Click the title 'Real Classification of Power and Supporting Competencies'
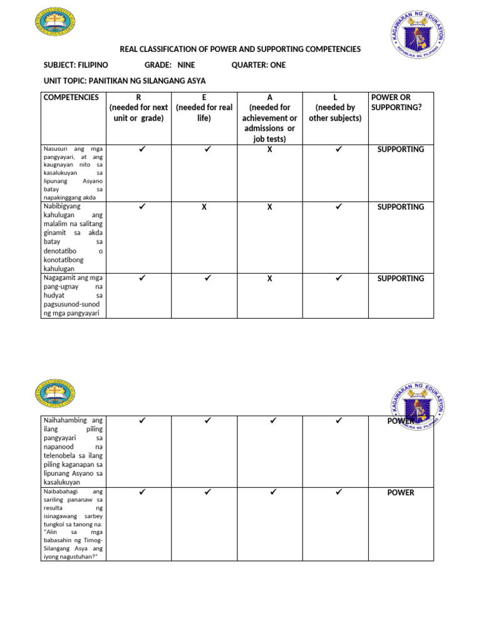tap(240, 49)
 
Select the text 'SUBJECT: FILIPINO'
tap(76, 65)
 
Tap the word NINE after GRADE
tap(186, 65)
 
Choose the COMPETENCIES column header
tap(71, 98)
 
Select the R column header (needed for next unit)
tap(138, 108)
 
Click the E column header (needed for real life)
tap(204, 108)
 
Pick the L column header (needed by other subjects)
tap(335, 108)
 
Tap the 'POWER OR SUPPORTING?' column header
tap(396, 102)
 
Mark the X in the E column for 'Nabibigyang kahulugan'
tap(204, 207)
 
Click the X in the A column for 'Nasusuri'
tap(269, 150)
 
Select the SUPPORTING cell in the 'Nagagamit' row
tap(401, 279)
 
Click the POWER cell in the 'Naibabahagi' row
tap(401, 493)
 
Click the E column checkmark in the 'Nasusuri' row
tap(207, 150)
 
